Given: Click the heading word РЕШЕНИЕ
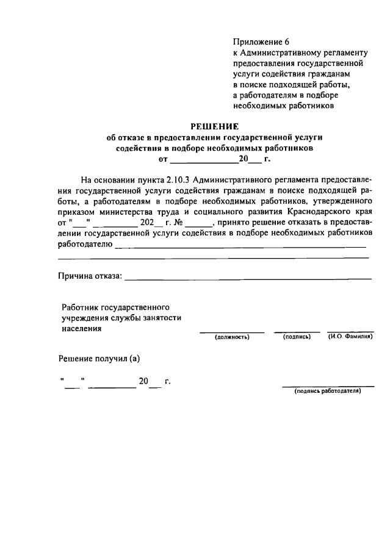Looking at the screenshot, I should pos(214,127).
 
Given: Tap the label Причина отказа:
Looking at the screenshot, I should pos(90,277).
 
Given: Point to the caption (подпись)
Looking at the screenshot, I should pos(297,337).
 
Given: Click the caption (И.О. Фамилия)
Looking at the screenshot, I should pos(350,337).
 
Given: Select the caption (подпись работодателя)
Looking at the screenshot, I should pos(328,391).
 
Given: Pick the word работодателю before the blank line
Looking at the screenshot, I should pos(85,245).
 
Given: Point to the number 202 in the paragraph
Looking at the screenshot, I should pos(147,223).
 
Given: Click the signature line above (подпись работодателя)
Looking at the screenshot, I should pos(328,385).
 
